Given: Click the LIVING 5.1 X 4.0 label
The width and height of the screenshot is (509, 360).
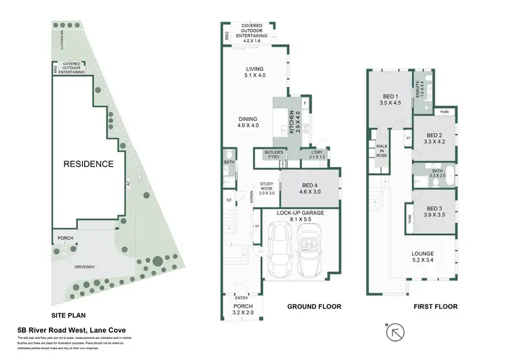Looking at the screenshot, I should coord(254,72).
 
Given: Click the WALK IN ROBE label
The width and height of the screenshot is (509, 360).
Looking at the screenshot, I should coord(381,151).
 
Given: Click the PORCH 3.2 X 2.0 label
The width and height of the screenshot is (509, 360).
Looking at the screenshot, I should coord(244,310).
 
